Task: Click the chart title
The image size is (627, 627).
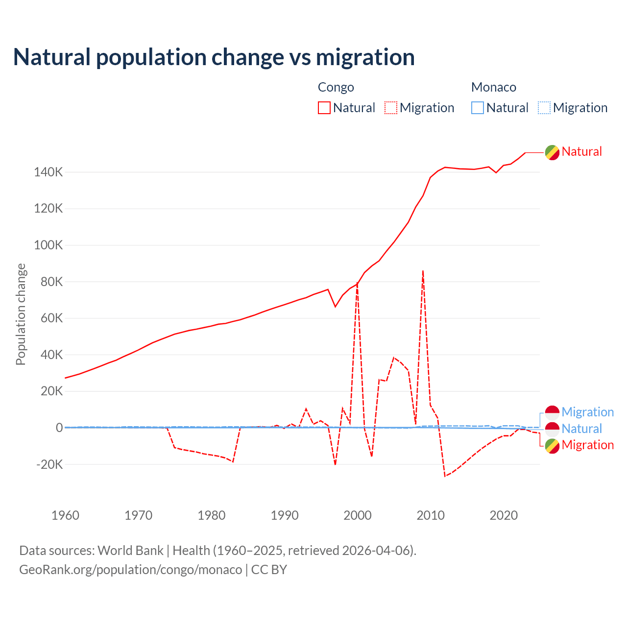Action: coord(214,57)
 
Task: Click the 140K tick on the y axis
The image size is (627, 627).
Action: coord(48,172)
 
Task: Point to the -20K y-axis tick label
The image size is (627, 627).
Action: coord(49,464)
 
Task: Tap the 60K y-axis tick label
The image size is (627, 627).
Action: coord(48,318)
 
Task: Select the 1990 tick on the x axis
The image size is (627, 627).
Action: coord(285,515)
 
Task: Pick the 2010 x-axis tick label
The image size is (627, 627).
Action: coord(431,515)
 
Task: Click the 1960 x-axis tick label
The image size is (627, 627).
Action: coord(65,515)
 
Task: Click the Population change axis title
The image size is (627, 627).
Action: coord(21,314)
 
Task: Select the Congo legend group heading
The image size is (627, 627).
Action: coord(336,87)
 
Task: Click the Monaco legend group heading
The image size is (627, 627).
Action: coord(493,87)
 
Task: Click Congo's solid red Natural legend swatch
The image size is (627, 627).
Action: coord(324,108)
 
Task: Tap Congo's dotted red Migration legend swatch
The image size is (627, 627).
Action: coord(391,108)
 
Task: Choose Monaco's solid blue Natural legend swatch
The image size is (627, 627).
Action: coord(478,108)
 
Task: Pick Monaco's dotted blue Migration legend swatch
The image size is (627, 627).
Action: coord(544,108)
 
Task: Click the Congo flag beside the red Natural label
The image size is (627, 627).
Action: coord(552,152)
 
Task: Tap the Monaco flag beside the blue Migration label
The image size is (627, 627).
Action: coord(552,412)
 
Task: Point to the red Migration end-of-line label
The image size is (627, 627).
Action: coord(587,445)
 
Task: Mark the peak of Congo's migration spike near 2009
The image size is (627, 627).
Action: coord(423,270)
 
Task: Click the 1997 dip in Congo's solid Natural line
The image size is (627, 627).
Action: coord(336,307)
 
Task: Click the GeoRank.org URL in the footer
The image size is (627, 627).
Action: coord(130,570)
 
